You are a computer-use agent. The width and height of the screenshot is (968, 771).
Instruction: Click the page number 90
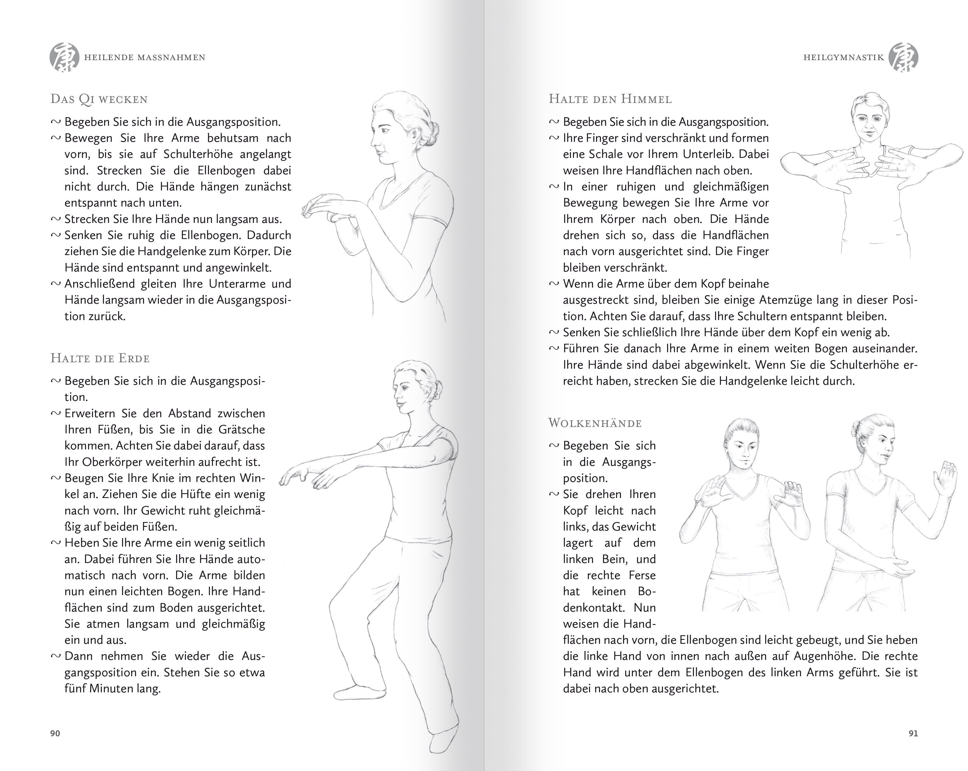point(55,733)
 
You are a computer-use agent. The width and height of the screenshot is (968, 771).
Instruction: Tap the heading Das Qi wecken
point(99,99)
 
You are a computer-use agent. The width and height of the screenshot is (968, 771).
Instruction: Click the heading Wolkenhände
point(595,423)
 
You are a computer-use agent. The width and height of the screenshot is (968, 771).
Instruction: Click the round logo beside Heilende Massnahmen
point(64,57)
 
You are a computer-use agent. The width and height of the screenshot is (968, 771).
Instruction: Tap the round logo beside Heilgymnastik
point(903,57)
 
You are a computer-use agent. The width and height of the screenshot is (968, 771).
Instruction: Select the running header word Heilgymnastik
point(844,57)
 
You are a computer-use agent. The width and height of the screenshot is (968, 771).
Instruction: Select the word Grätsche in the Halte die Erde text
point(242,430)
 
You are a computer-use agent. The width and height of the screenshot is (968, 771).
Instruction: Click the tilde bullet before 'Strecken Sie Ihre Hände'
point(56,219)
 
